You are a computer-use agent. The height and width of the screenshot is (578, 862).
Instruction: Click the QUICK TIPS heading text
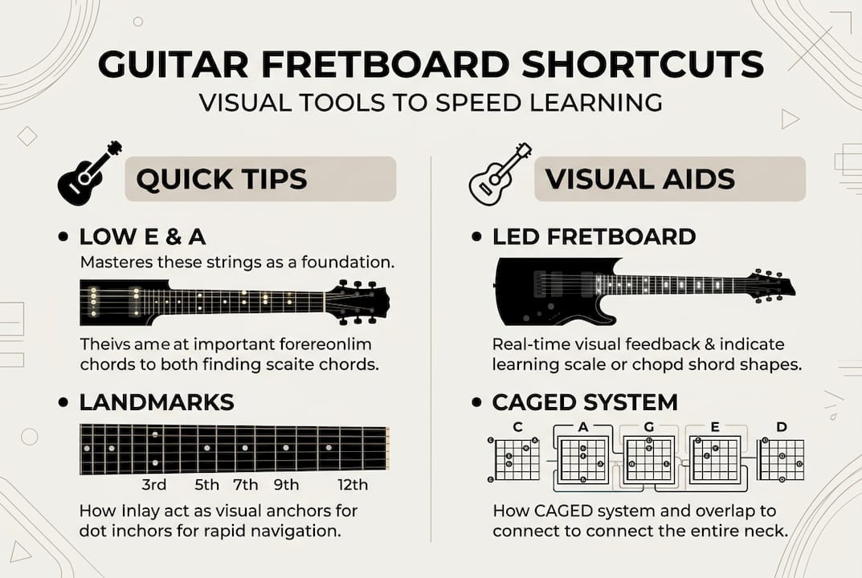point(222,178)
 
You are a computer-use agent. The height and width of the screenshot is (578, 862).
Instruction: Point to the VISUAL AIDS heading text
point(639,178)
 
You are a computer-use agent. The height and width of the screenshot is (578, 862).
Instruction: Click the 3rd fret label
point(153,484)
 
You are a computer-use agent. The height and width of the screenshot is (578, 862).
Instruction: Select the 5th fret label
point(206,484)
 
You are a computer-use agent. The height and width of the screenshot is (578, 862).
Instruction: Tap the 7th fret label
point(245,484)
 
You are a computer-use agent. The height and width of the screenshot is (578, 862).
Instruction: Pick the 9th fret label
point(285,484)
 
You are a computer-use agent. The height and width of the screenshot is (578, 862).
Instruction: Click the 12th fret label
point(353,484)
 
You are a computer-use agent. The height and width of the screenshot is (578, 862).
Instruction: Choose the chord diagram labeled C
point(516,459)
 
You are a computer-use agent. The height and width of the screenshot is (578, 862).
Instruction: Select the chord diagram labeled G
point(648,459)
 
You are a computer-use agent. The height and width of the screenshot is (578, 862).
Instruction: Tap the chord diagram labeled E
point(714,459)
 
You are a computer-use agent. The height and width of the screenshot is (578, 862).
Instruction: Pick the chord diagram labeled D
point(781,459)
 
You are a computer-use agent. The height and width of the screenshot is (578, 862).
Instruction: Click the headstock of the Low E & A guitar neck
point(357,301)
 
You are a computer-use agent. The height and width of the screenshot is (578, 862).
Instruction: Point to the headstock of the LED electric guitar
point(771,284)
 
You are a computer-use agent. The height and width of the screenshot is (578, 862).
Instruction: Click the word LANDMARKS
point(156,401)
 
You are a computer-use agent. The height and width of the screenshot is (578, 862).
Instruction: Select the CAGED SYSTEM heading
point(585,401)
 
